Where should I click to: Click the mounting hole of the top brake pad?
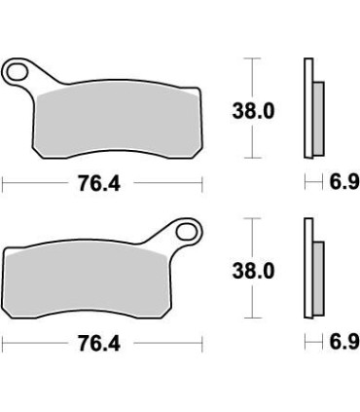(18, 71)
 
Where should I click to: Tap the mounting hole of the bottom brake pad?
(185, 233)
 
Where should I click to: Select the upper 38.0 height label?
(255, 111)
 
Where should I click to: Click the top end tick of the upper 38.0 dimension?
(253, 60)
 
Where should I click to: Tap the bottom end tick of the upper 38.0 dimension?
(253, 158)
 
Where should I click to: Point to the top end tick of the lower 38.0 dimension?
(253, 220)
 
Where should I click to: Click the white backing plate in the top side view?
(308, 107)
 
